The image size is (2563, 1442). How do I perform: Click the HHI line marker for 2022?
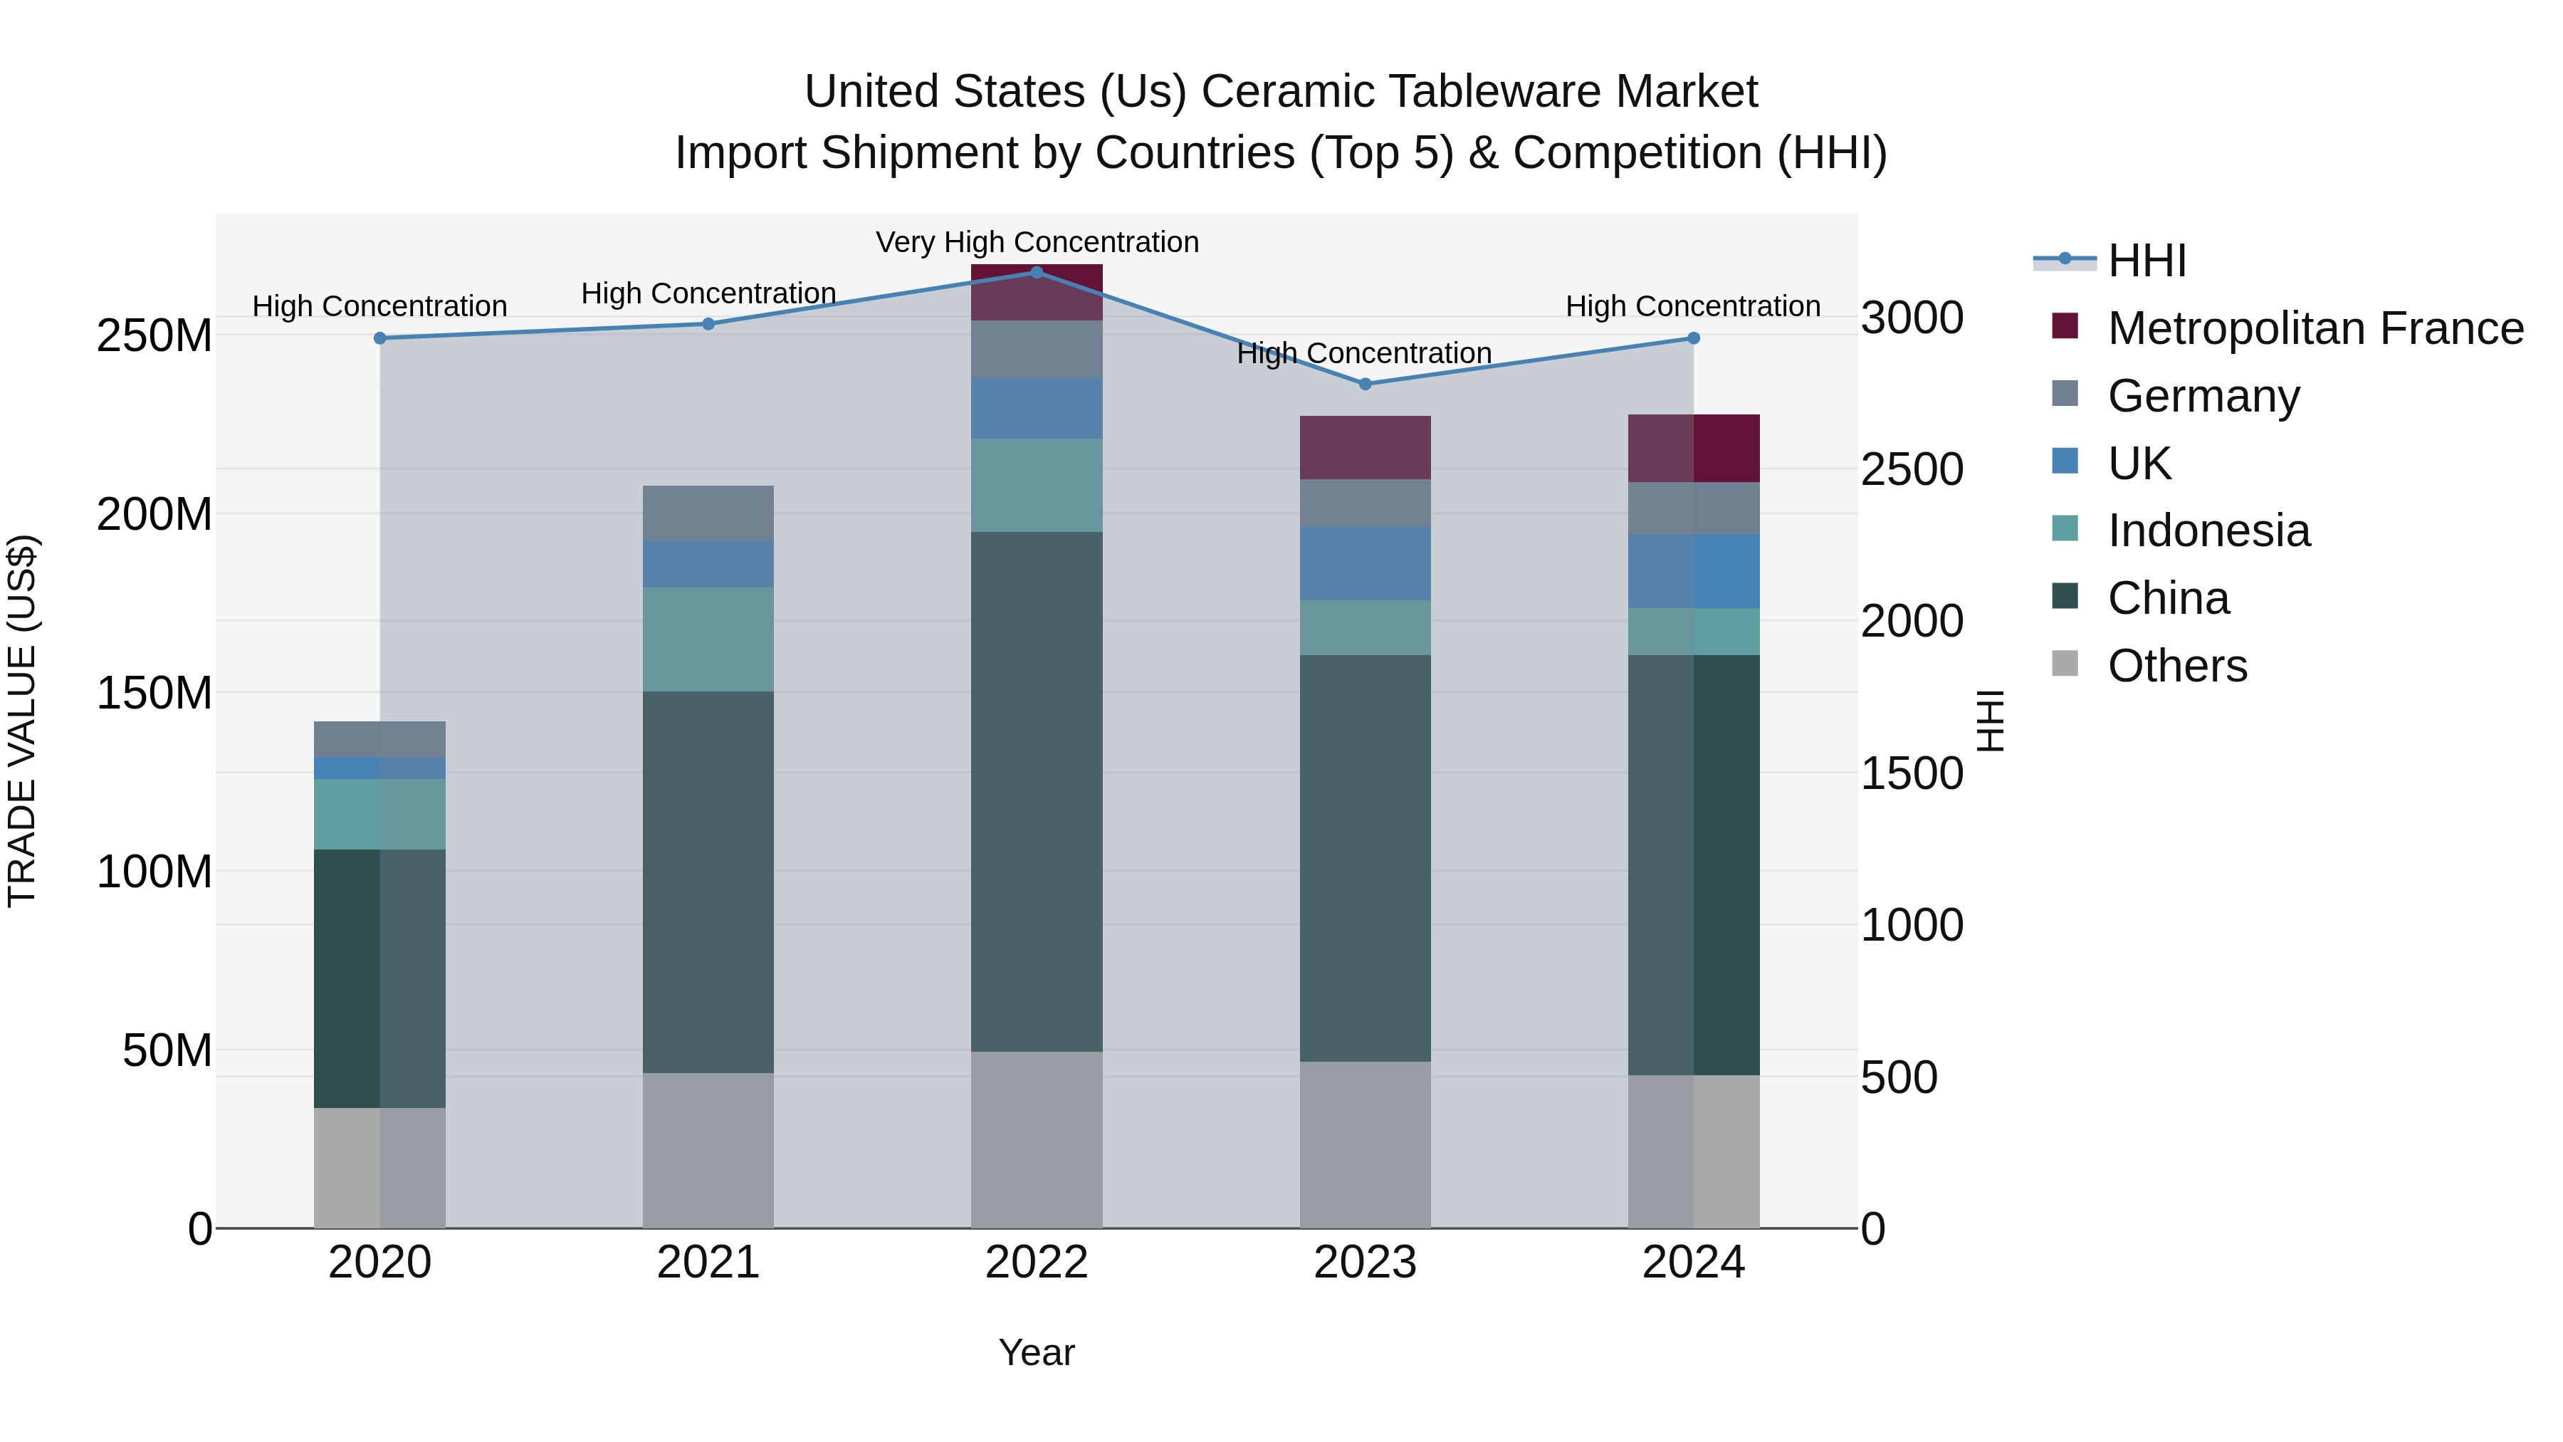(x=1037, y=272)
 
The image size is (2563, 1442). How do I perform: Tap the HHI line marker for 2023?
(x=1365, y=384)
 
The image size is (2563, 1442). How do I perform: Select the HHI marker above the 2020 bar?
(x=380, y=338)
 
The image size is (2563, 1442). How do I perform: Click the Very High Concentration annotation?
(x=1037, y=242)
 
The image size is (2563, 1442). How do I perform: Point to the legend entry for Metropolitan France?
(x=2315, y=328)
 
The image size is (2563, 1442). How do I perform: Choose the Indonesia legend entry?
(x=2208, y=531)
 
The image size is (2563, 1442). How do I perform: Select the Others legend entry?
(x=2177, y=666)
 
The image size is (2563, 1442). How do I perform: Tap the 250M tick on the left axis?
(x=154, y=336)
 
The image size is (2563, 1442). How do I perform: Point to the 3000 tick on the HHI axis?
(x=1912, y=318)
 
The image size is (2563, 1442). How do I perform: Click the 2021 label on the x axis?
(x=708, y=1263)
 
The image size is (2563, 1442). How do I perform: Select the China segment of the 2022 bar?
(x=1037, y=791)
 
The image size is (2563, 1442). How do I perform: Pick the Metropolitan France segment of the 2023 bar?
(x=1365, y=448)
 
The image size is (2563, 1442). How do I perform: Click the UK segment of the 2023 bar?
(x=1365, y=563)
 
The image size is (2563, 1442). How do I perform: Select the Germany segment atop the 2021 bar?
(x=708, y=513)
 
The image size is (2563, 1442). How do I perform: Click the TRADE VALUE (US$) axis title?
(x=22, y=721)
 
